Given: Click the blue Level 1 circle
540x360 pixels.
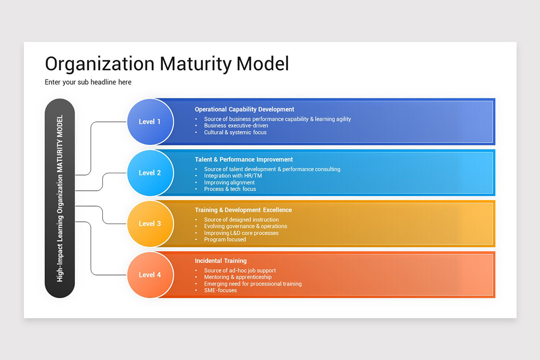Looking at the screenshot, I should click(150, 121).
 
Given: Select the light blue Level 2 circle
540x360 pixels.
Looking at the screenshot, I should click(150, 173).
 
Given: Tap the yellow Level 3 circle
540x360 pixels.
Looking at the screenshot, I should click(150, 224).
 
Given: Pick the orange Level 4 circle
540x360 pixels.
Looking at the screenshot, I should click(150, 274).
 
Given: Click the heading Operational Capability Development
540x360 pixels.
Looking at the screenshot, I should click(244, 109).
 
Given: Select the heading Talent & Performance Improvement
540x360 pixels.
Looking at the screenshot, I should click(243, 159).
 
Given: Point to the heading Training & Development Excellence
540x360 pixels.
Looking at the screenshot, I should click(243, 210).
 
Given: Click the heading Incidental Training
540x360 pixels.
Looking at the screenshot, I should click(220, 261).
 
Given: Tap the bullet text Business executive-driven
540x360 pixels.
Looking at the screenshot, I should click(236, 126).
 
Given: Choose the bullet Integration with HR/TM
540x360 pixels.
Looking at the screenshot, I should click(233, 176).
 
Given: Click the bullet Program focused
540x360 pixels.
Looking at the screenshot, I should click(225, 239).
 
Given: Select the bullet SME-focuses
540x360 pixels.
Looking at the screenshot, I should click(220, 290).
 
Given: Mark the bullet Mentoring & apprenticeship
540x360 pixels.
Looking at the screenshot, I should click(238, 277).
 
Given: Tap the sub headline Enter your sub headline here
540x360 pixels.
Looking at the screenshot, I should click(88, 82).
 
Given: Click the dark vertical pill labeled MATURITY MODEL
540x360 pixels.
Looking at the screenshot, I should click(60, 198).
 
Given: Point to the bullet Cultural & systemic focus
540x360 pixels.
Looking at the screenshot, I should click(235, 132).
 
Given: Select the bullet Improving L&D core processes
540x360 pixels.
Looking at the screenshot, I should click(241, 233).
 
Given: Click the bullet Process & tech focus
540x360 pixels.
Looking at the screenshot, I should click(229, 189).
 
